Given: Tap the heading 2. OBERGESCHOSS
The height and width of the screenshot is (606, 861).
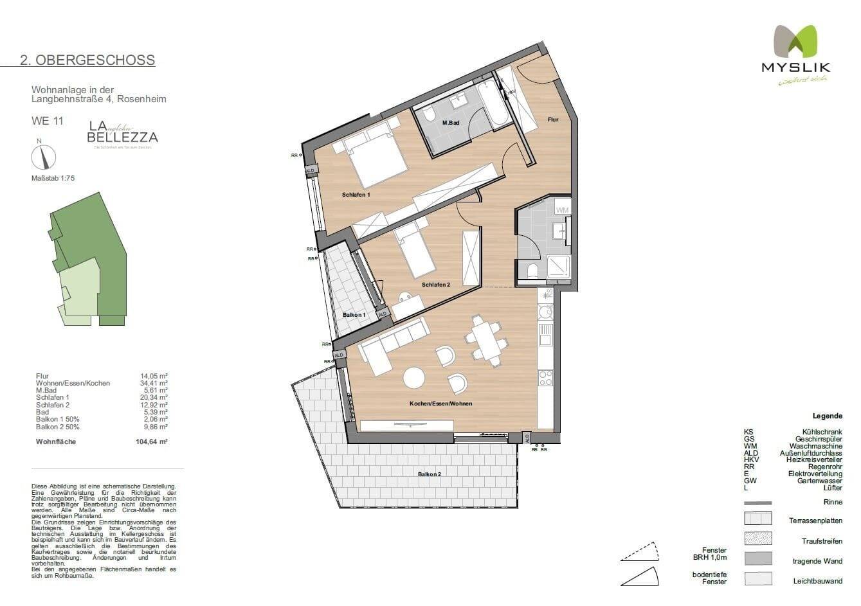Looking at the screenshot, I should [87, 60].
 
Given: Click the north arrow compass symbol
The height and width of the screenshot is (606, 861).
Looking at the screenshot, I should [44, 157].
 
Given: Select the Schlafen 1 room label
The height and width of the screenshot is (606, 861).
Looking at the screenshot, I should [356, 195].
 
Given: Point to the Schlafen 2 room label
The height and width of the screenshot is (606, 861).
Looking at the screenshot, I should [435, 285].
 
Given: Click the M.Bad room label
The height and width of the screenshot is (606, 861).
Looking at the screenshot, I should [449, 122].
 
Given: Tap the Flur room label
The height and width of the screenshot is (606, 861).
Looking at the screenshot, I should [552, 120].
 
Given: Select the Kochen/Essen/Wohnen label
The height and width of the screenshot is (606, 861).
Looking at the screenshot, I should [440, 404].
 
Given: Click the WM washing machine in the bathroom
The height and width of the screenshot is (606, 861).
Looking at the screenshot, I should [562, 209].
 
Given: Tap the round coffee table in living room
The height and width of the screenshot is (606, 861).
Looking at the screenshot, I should [413, 377].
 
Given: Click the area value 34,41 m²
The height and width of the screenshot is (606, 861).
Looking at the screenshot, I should [154, 383].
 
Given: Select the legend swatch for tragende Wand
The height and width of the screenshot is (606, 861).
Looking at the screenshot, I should [757, 558].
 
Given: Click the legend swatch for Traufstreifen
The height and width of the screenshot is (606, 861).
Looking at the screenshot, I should [757, 539].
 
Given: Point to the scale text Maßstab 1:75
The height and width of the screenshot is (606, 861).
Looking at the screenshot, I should [53, 179].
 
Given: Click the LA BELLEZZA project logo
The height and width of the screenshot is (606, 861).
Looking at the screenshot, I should [122, 133].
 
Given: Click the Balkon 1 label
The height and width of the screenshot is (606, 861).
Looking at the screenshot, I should [354, 315].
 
